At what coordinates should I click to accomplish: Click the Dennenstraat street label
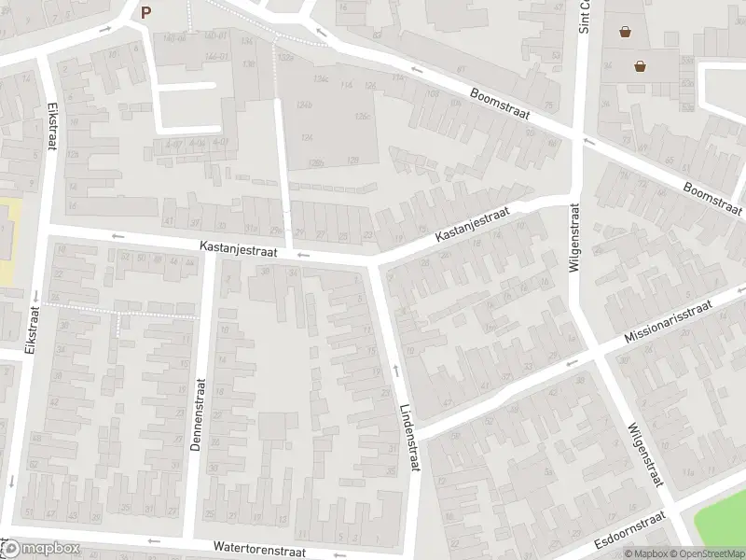coord(197,414)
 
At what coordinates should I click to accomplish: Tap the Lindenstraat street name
coord(410,438)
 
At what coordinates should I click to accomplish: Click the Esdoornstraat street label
coord(629,531)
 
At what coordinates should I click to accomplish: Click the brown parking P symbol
coord(145,12)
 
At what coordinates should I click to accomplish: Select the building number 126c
coord(363,116)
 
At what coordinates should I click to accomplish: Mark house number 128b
coord(316,162)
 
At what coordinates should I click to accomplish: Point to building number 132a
coord(284,57)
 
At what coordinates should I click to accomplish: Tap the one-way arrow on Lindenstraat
coord(395,371)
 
